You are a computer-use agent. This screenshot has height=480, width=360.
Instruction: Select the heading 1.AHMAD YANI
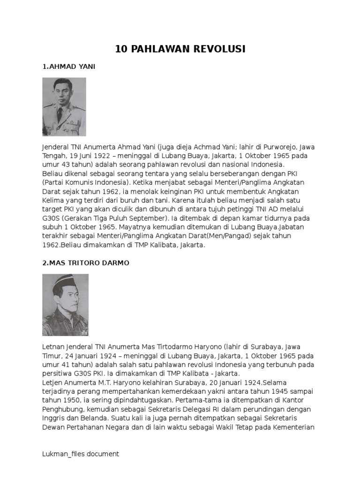point(69,67)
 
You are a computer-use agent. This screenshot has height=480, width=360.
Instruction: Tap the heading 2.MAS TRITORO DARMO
point(86,263)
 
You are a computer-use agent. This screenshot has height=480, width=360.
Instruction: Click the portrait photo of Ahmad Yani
point(64,107)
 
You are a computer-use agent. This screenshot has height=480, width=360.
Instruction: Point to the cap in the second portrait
point(67,281)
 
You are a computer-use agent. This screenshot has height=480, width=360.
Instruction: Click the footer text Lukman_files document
point(81,454)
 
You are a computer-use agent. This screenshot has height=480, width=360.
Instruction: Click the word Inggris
point(53,418)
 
